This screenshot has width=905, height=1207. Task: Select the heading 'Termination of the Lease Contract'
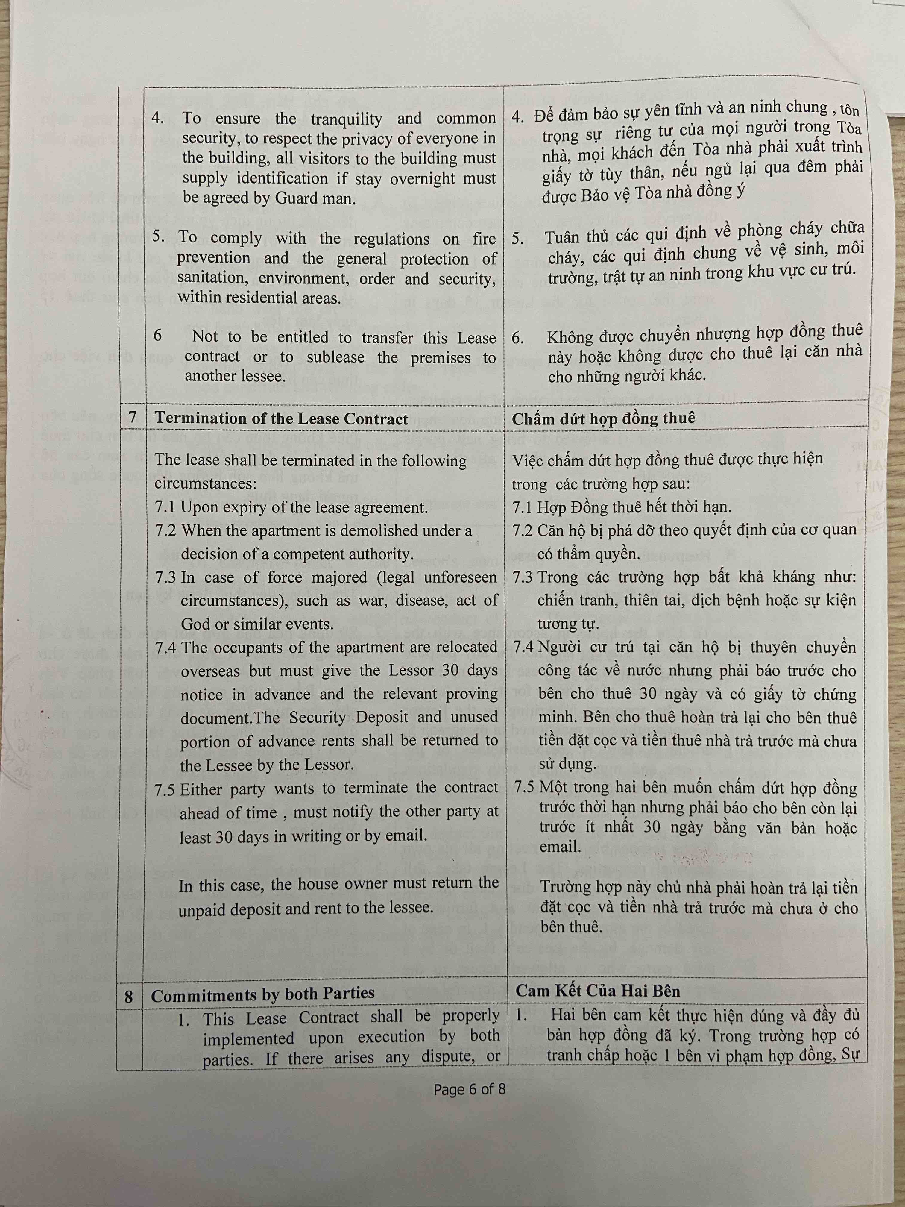(x=281, y=418)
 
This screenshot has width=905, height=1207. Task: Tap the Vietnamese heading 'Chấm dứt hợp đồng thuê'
(x=603, y=418)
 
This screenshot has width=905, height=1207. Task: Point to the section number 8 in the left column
(x=129, y=997)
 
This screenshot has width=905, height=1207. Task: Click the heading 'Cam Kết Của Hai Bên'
(x=598, y=990)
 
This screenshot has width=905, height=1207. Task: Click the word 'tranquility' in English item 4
(x=346, y=119)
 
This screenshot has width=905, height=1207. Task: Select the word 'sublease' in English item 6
(x=335, y=357)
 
